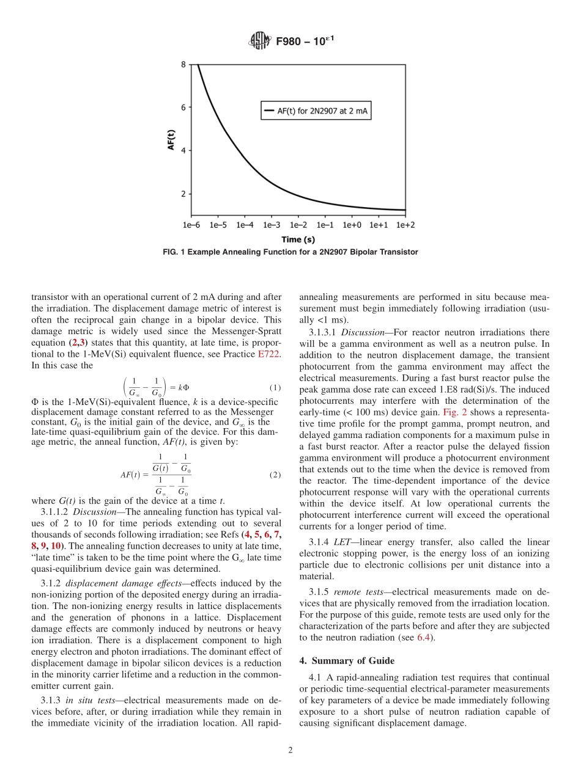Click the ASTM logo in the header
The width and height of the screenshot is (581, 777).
coord(259,42)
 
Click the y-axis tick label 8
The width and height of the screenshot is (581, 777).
coord(182,64)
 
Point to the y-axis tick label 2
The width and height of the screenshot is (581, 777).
coord(182,194)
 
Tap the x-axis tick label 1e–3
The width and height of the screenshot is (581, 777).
coord(272,225)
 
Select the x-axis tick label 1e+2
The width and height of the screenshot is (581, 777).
coord(405,225)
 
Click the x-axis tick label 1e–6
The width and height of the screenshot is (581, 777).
coord(191,225)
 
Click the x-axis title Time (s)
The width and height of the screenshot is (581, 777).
coord(298,239)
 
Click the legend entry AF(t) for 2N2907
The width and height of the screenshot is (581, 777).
coord(317,111)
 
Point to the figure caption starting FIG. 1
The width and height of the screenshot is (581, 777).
coord(290,252)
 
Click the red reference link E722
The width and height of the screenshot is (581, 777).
coord(269,356)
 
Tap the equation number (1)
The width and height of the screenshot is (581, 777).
coord(275,388)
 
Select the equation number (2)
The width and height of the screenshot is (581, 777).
coord(275,475)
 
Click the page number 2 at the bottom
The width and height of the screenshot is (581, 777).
coord(290,751)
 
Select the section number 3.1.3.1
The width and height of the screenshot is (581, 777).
coord(322,332)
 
